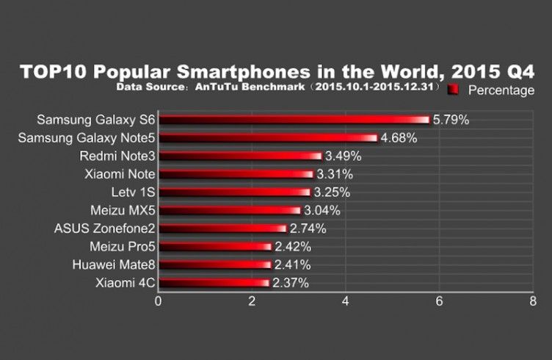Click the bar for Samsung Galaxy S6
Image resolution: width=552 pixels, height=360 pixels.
(294, 120)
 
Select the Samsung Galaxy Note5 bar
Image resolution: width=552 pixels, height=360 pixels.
(268, 137)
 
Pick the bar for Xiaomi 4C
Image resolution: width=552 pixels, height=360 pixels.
(214, 282)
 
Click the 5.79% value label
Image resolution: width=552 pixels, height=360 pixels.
(451, 119)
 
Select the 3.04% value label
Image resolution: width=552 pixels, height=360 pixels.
(322, 210)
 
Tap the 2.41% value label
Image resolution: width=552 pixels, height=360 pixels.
(292, 264)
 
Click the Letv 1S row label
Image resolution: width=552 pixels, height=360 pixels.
(128, 192)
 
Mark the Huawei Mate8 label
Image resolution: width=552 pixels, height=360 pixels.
(114, 264)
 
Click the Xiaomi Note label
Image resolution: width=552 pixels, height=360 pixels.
(120, 174)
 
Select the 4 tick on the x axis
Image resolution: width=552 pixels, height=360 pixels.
(346, 300)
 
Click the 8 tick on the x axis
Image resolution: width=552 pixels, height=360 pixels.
(533, 300)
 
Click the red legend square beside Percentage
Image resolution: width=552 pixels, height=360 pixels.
(453, 90)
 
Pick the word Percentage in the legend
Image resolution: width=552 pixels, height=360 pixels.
(501, 90)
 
